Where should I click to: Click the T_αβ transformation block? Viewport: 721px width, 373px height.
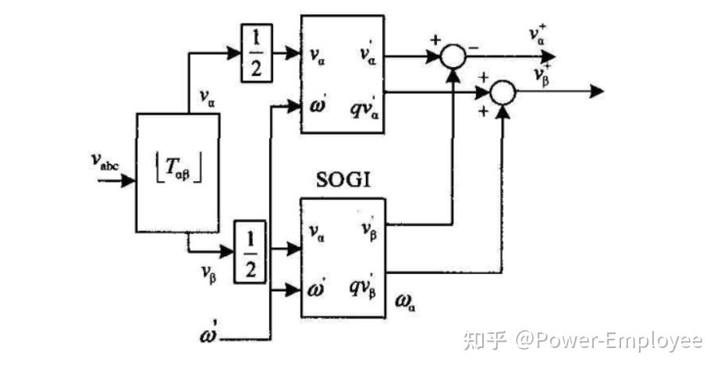177,172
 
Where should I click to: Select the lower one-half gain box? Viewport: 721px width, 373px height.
250,250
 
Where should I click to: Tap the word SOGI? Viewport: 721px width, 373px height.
343,180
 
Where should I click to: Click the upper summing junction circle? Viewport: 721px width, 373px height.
453,56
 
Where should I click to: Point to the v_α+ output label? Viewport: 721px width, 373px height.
537,34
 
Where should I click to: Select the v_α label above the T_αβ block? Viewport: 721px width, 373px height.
208,98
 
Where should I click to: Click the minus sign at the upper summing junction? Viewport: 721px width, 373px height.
474,47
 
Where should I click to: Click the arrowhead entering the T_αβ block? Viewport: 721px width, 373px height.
128,180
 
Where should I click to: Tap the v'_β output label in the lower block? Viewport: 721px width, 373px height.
369,229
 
